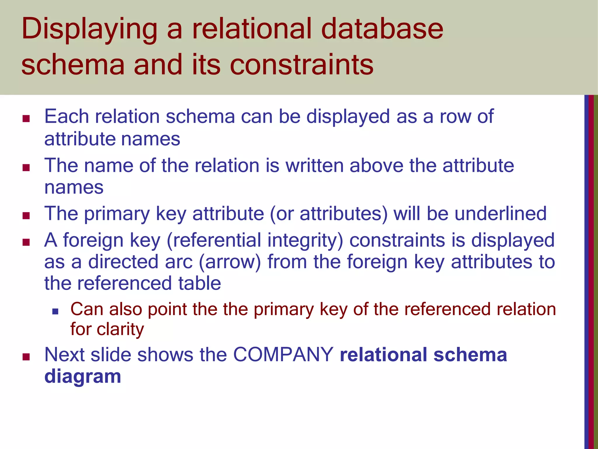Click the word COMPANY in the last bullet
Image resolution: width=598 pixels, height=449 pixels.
tap(283, 355)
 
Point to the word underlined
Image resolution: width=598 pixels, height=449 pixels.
tap(500, 213)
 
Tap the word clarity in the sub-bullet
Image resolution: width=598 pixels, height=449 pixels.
tap(120, 329)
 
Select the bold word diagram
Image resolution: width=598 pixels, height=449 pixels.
tap(83, 376)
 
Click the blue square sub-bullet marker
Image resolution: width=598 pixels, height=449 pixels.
tap(55, 312)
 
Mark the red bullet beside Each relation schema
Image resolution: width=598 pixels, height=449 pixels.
tap(26, 119)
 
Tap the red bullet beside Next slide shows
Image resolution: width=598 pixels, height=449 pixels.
tap(26, 357)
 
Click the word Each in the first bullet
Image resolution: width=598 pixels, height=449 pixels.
tap(66, 116)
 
